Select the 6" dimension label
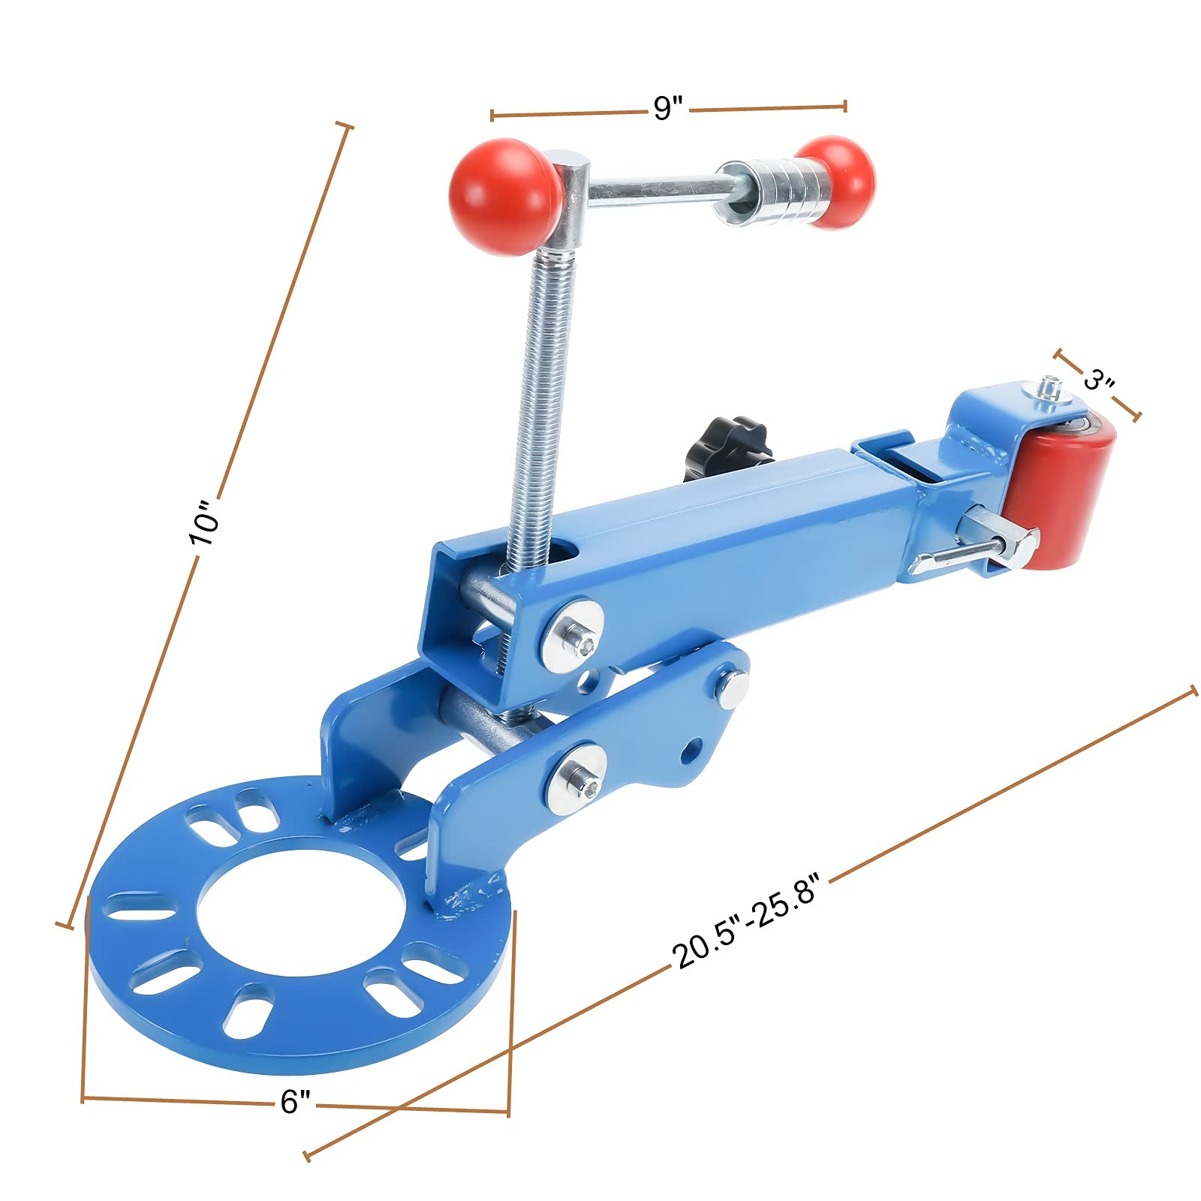295,1101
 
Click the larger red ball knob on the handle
504,197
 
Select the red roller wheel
1060,492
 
